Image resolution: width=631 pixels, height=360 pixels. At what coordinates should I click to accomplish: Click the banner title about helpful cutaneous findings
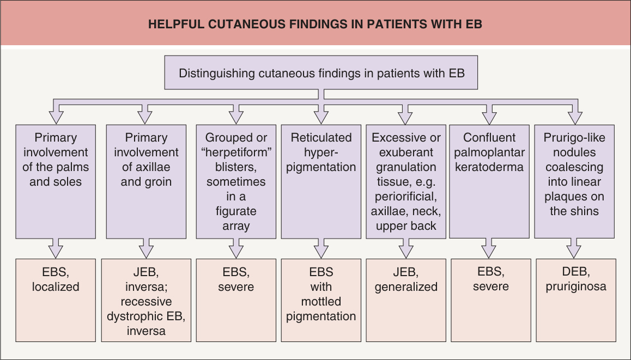(315, 24)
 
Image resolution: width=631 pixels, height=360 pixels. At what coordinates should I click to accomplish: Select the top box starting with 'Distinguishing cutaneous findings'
(321, 72)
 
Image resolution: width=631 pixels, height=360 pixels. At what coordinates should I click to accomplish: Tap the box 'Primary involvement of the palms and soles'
(56, 181)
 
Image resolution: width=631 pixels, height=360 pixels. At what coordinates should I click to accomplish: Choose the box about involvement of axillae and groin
(146, 181)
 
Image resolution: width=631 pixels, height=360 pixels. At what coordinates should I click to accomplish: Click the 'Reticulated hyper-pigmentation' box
(321, 181)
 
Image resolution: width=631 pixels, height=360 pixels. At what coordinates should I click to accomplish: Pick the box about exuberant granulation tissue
(406, 181)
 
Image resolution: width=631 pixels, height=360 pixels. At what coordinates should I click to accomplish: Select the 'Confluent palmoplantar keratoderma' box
(489, 181)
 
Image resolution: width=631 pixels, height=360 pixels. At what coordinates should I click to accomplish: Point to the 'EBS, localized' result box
(56, 300)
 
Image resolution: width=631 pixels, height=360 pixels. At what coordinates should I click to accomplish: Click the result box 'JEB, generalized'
(406, 300)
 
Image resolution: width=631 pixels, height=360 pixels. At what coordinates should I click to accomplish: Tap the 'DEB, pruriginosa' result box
(576, 300)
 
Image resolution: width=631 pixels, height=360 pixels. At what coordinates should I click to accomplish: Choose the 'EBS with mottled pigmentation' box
(321, 300)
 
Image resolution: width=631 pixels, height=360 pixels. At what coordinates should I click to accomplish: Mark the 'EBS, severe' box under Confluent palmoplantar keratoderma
(491, 300)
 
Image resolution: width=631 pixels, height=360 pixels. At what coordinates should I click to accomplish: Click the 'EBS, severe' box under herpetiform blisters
(236, 300)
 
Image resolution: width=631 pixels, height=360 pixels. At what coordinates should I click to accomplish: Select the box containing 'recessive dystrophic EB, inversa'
(146, 300)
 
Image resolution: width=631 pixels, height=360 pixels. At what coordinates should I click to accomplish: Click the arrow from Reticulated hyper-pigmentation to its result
(321, 248)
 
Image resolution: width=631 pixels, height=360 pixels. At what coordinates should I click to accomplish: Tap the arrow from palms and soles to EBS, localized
(56, 248)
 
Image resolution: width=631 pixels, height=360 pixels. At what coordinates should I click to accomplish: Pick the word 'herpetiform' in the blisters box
(236, 152)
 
